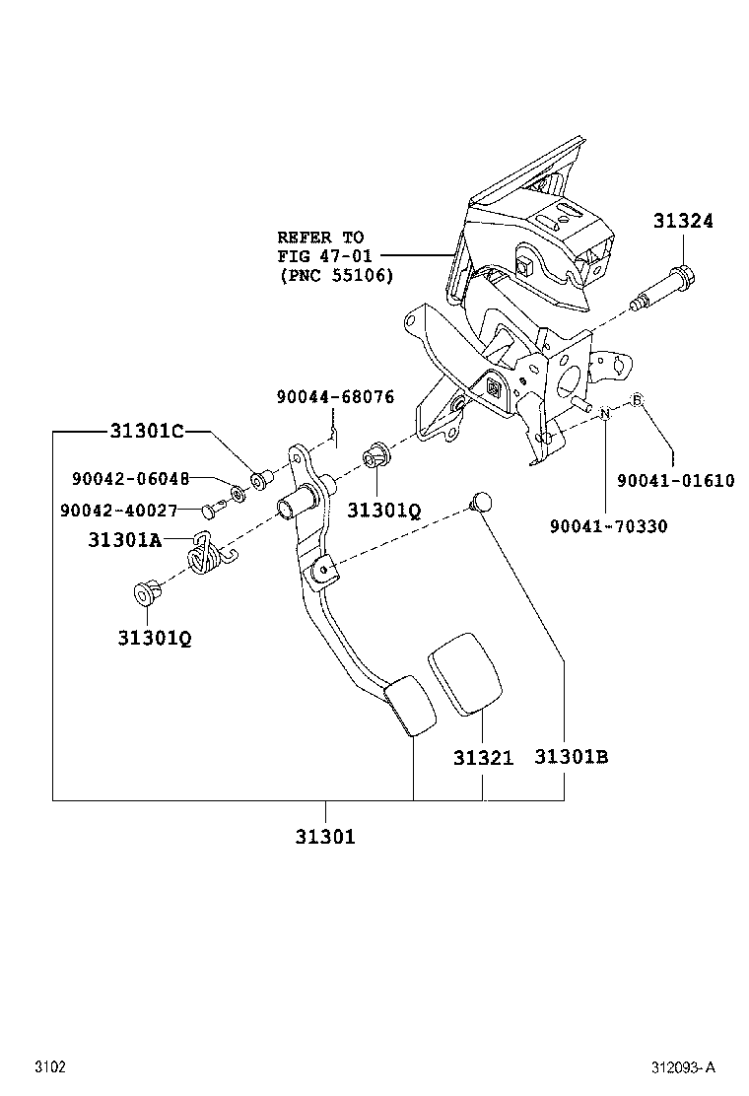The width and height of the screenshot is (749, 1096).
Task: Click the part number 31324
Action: pyautogui.click(x=681, y=222)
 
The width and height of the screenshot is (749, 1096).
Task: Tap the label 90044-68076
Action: pyautogui.click(x=335, y=397)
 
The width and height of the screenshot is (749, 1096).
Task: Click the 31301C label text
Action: pyautogui.click(x=145, y=431)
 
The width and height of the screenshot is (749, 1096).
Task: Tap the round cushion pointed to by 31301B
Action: pyautogui.click(x=480, y=501)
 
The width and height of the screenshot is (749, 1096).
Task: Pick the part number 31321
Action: pyautogui.click(x=483, y=758)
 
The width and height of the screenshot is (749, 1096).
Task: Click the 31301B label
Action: pyautogui.click(x=571, y=757)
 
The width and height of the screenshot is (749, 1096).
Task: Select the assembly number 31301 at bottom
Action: pyautogui.click(x=324, y=837)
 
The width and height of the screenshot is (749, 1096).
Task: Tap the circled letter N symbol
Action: pyautogui.click(x=606, y=415)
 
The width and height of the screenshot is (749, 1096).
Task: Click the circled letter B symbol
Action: pyautogui.click(x=637, y=399)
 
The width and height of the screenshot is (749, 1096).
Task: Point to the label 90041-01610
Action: pyautogui.click(x=675, y=480)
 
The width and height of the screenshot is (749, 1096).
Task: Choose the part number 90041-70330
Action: pyautogui.click(x=608, y=526)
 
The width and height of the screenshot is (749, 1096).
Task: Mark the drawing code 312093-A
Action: pyautogui.click(x=682, y=1067)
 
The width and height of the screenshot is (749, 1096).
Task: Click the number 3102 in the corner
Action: pyautogui.click(x=50, y=1067)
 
